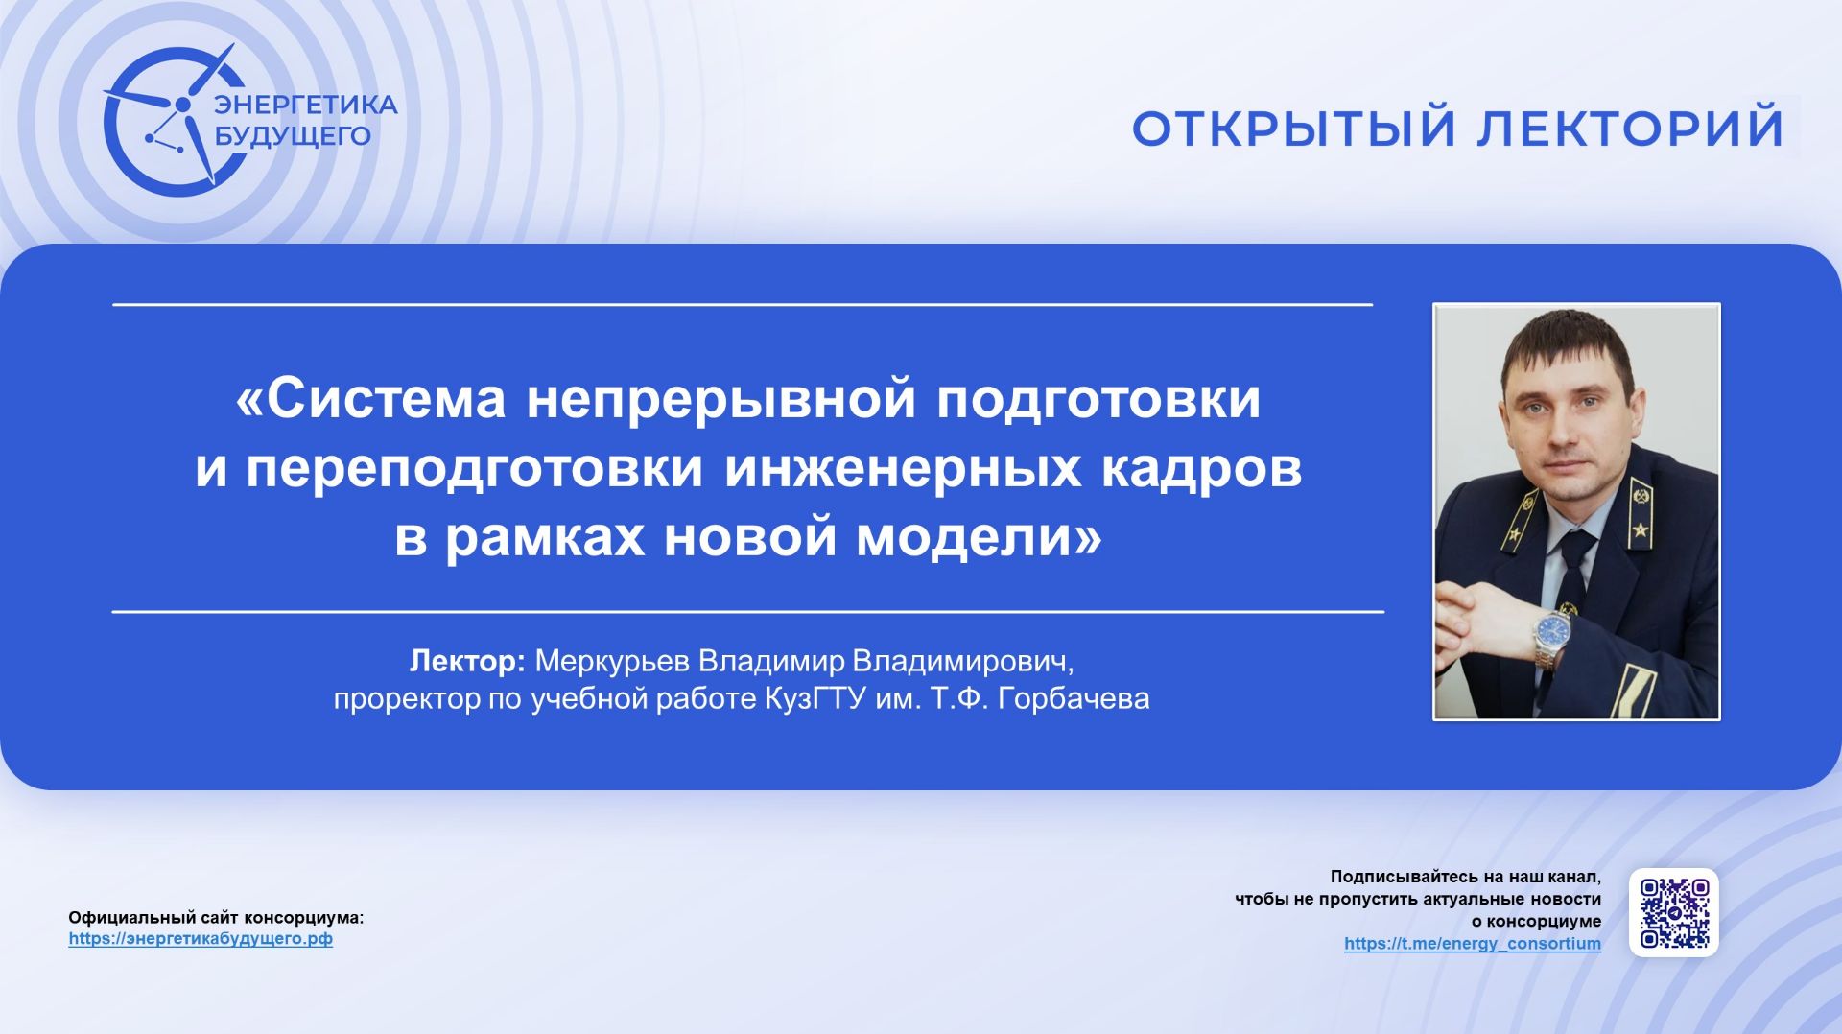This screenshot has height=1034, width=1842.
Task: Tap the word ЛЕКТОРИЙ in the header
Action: tap(1630, 129)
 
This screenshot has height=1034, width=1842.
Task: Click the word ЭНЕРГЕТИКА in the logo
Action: tap(305, 105)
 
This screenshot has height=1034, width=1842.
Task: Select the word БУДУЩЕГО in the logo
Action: tap(292, 136)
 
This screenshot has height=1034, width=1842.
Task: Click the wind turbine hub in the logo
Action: tap(181, 104)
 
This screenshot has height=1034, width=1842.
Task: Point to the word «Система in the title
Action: tap(370, 399)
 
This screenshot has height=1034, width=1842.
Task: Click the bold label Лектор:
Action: tap(467, 661)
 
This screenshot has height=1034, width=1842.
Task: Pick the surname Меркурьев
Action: tap(611, 661)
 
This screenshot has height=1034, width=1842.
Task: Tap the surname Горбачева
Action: tap(1074, 698)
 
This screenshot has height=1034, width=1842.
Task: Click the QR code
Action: tap(1673, 912)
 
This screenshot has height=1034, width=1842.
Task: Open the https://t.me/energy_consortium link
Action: tap(1472, 944)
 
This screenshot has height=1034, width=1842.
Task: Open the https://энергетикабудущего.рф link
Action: tap(201, 939)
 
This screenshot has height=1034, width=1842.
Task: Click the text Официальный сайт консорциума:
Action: tap(216, 918)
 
